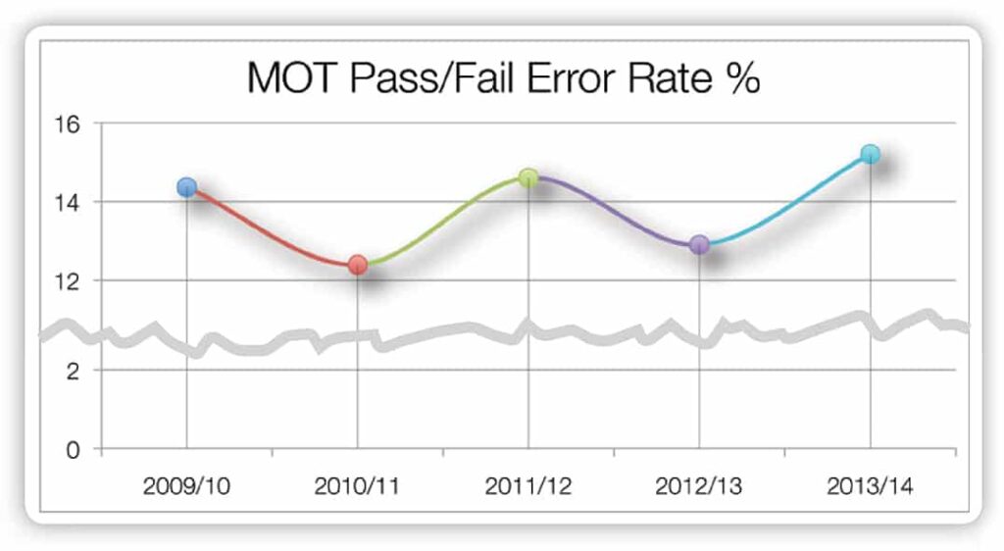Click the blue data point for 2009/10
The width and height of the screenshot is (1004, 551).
pyautogui.click(x=186, y=186)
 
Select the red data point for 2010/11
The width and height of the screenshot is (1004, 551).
pyautogui.click(x=358, y=265)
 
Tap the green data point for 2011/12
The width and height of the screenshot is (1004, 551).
pyautogui.click(x=528, y=177)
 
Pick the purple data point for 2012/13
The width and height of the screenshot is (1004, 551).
pyautogui.click(x=699, y=244)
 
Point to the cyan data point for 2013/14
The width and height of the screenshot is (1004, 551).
pyautogui.click(x=870, y=154)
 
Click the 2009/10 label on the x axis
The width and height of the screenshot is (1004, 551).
pyautogui.click(x=186, y=487)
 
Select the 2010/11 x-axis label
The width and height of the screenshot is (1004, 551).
pyautogui.click(x=358, y=487)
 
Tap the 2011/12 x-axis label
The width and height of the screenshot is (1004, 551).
pyautogui.click(x=528, y=487)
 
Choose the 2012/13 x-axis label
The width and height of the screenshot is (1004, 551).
pyautogui.click(x=699, y=487)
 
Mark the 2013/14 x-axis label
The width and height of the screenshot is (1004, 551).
pyautogui.click(x=870, y=487)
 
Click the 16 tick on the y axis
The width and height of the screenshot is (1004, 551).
pyautogui.click(x=74, y=124)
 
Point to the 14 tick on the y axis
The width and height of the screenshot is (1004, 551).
pyautogui.click(x=74, y=202)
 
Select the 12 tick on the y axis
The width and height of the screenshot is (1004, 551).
pyautogui.click(x=74, y=280)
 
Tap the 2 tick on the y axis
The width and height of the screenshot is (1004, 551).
pyautogui.click(x=79, y=370)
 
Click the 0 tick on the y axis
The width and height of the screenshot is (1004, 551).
pyautogui.click(x=79, y=450)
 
